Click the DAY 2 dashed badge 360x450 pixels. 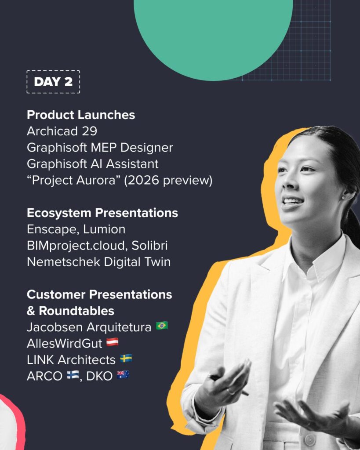53,82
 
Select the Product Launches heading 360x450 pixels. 81,115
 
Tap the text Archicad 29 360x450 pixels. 62,131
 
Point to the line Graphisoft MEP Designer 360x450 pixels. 100,148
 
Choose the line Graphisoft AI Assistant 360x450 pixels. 93,164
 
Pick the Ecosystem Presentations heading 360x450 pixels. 102,213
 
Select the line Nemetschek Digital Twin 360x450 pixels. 99,262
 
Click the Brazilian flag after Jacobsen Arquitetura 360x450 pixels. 162,326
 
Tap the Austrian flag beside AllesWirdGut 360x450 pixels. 113,342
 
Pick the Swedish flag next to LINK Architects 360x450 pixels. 126,359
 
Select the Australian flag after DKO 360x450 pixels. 123,375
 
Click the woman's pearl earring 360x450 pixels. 342,197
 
